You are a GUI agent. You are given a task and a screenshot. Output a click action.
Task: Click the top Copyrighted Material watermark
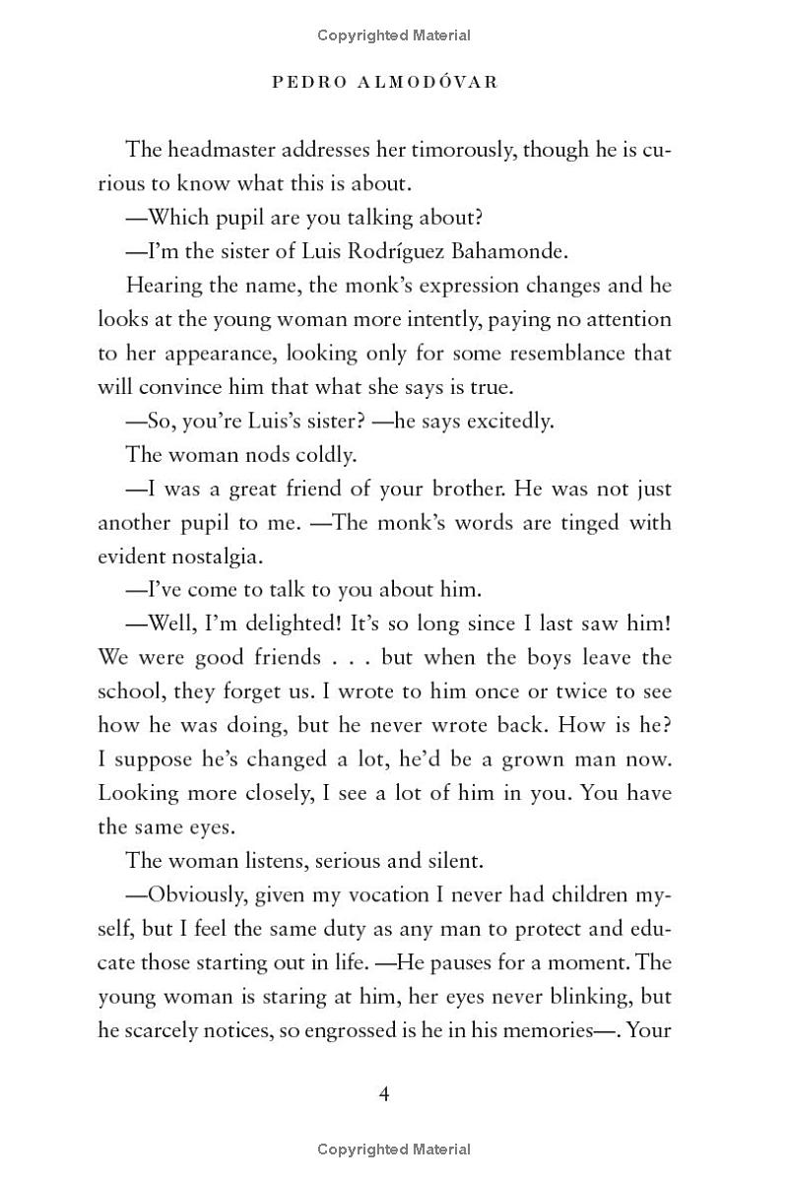[x=394, y=35]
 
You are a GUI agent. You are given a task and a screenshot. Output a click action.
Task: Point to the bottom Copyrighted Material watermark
[x=394, y=1149]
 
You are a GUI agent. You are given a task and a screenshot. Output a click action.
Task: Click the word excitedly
[x=503, y=421]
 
